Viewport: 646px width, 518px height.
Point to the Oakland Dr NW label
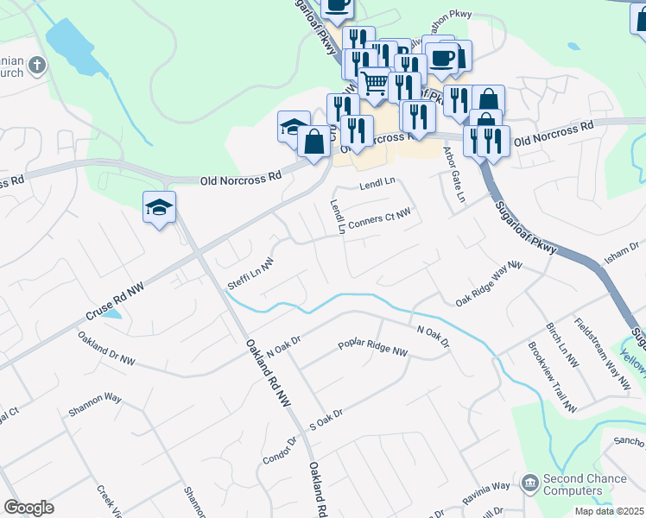pos(106,347)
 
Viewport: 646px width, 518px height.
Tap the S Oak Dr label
pos(326,420)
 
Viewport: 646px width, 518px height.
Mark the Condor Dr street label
pos(279,450)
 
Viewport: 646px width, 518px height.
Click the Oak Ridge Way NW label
pos(490,285)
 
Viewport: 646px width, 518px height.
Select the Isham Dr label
pos(621,251)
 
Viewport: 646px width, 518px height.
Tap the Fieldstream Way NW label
pos(602,353)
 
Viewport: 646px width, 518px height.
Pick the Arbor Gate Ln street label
pos(453,174)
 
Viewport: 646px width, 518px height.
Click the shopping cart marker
pos(373,83)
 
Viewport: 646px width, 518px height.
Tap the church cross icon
pos(36,65)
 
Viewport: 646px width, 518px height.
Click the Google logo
pos(28,508)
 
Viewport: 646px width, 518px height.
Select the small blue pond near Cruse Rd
pos(111,313)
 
